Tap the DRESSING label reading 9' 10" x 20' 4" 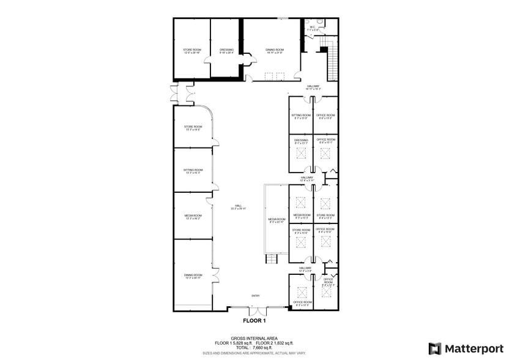(x=227, y=51)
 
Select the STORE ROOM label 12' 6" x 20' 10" (x=192, y=51)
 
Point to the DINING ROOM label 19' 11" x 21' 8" (x=275, y=51)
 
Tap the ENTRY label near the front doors (x=255, y=296)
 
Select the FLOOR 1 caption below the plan (x=254, y=320)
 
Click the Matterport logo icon (x=434, y=348)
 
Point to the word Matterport (x=474, y=348)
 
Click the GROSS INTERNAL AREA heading (x=254, y=338)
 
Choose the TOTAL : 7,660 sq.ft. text (x=254, y=348)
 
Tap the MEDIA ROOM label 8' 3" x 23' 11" (x=277, y=220)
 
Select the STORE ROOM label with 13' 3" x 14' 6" (x=193, y=129)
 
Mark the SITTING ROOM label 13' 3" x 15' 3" (x=193, y=171)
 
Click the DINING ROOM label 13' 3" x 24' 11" (x=193, y=277)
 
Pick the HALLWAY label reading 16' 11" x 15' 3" (x=313, y=88)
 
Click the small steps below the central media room (x=271, y=259)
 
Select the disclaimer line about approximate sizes (x=254, y=353)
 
